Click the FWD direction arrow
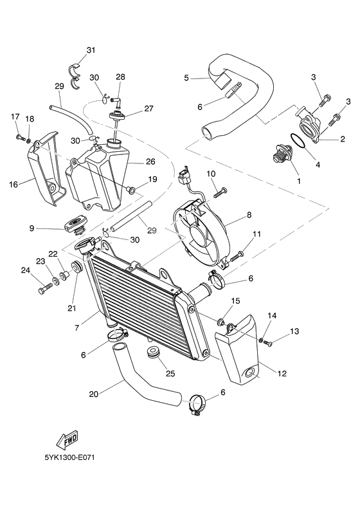[x=67, y=439]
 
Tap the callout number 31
[x=91, y=50]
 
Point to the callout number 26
[x=150, y=161]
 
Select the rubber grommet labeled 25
[x=154, y=353]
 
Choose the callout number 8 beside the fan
[x=248, y=216]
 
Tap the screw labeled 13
[x=267, y=342]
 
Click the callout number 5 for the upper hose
[x=186, y=78]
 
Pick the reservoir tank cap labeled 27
[x=118, y=116]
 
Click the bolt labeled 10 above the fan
[x=221, y=190]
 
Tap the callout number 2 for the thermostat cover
[x=343, y=138]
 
